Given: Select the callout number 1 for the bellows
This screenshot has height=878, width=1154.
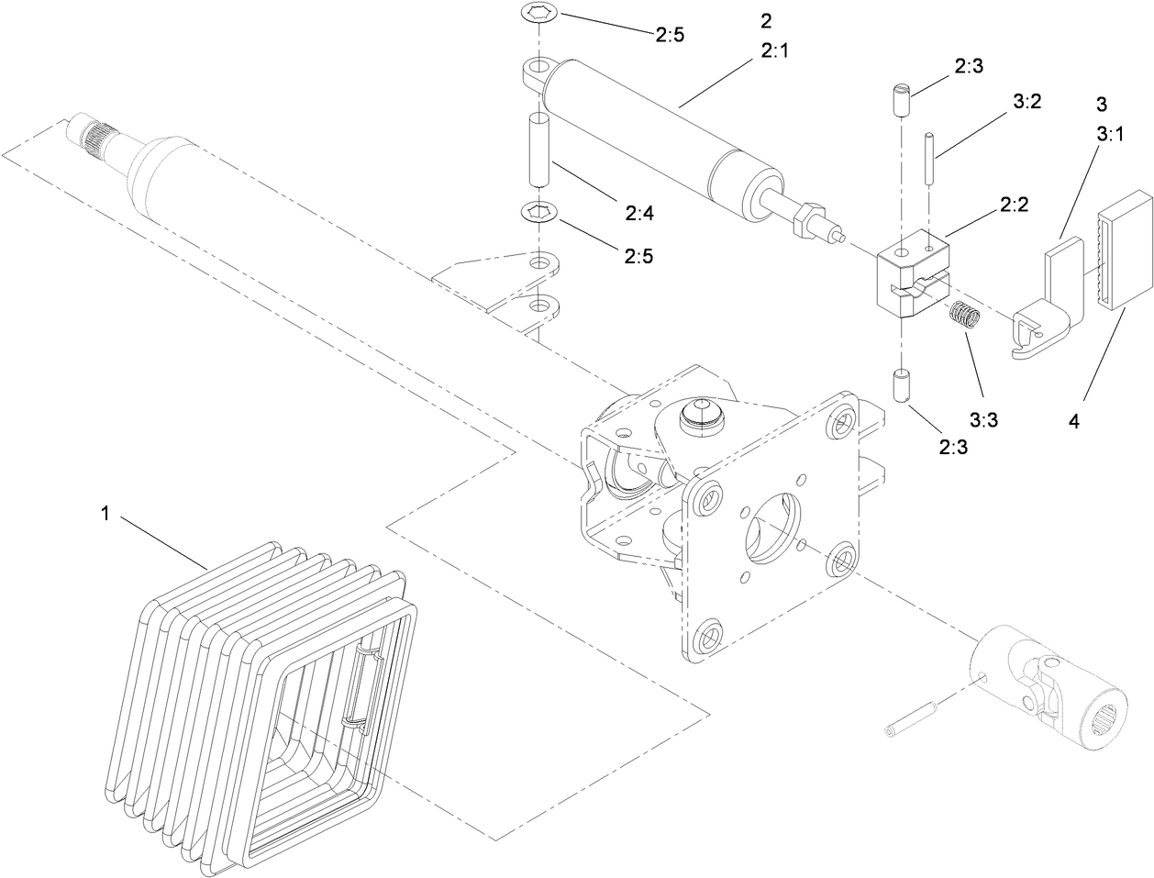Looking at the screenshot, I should [x=105, y=515].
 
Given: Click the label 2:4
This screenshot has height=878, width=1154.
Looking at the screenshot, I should [x=639, y=213].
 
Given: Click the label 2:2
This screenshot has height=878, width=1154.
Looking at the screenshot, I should [x=1015, y=206].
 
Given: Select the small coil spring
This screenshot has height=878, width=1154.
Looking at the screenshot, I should [x=964, y=317].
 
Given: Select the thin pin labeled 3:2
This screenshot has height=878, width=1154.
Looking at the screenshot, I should [x=930, y=159].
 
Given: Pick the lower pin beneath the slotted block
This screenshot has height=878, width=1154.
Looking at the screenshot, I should [x=900, y=384].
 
